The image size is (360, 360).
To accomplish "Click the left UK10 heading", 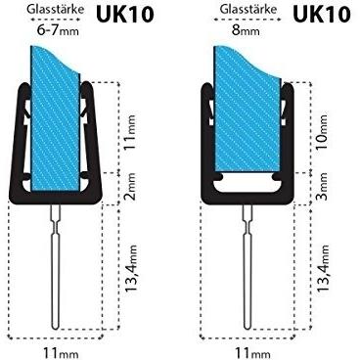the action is (x=124, y=14).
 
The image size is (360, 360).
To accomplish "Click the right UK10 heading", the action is (x=322, y=14).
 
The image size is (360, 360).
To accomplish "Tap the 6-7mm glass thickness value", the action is (x=58, y=30).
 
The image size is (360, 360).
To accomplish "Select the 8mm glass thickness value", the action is (x=246, y=30).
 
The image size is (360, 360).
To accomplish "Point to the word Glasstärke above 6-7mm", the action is (x=55, y=9).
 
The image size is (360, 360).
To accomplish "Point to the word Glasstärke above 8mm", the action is (x=247, y=9).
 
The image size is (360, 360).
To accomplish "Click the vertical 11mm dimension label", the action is (x=130, y=132).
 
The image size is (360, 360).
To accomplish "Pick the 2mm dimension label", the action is (x=130, y=186).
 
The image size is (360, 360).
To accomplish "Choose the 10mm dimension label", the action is (x=323, y=132).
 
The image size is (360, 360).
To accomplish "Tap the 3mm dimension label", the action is (x=323, y=186).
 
